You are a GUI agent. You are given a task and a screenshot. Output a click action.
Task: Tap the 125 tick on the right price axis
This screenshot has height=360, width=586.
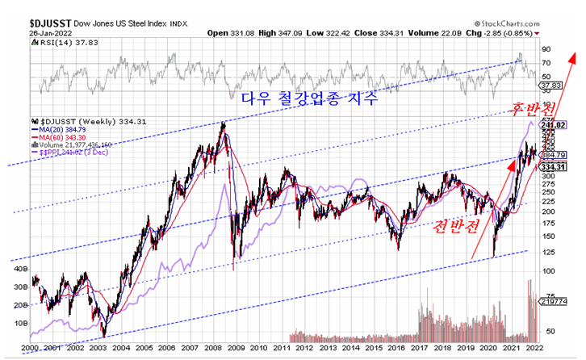[x=549, y=250]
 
